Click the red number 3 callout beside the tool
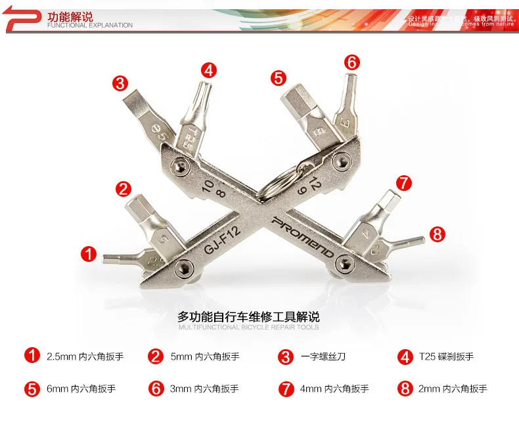[x=120, y=83]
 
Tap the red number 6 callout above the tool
[x=352, y=62]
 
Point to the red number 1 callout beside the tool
[x=88, y=255]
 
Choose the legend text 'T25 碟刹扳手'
[x=446, y=357]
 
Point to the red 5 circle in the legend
[x=32, y=389]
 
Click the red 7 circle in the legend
[x=286, y=389]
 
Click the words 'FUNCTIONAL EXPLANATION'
[x=90, y=26]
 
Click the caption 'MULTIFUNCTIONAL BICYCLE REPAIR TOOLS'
[x=249, y=327]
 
